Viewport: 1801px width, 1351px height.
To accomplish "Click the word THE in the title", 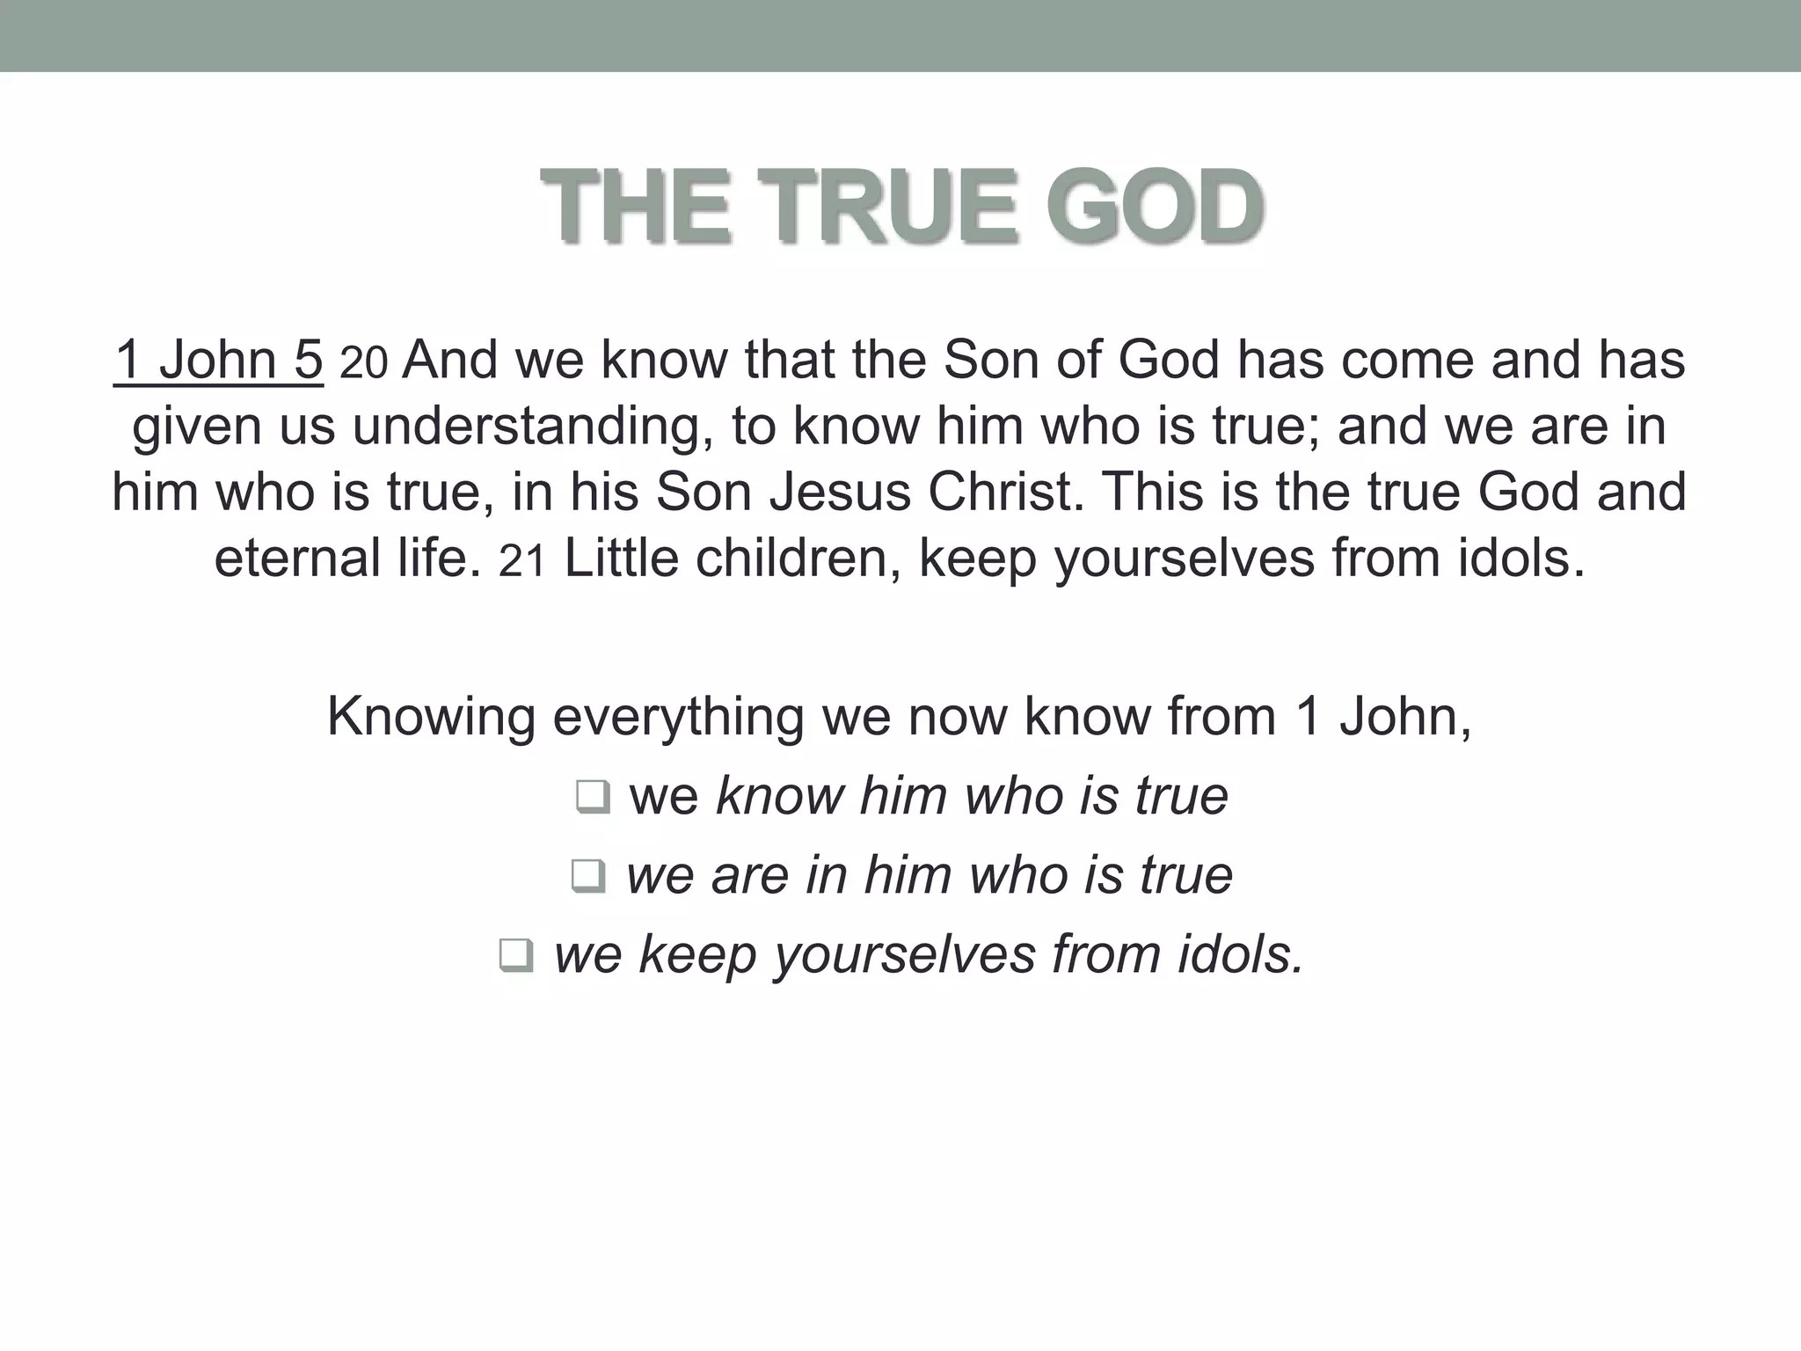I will pyautogui.click(x=635, y=208).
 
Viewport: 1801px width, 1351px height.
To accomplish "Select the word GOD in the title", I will pyautogui.click(x=1156, y=208).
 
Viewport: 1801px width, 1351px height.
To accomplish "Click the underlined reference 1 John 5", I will pyautogui.click(x=219, y=361).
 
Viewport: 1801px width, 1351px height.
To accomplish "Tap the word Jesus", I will pyautogui.click(x=840, y=492).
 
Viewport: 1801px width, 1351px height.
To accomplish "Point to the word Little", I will pyautogui.click(x=621, y=559).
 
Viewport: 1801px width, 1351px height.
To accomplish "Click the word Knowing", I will pyautogui.click(x=431, y=718).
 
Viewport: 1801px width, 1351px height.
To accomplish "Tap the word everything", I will pyautogui.click(x=678, y=718).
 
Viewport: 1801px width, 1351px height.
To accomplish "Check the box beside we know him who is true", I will pyautogui.click(x=593, y=798).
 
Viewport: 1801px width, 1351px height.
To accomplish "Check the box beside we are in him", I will pyautogui.click(x=588, y=876).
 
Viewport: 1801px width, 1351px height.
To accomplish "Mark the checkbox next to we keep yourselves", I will pyautogui.click(x=515, y=956).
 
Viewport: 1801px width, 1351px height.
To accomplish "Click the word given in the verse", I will pyautogui.click(x=198, y=427).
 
